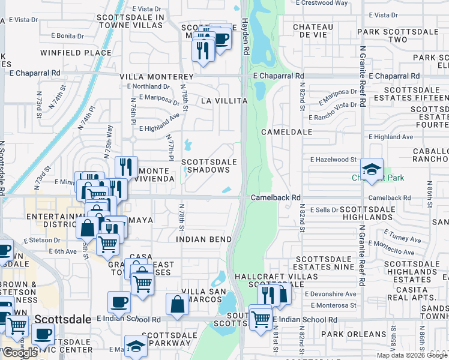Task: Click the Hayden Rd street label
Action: [x=245, y=37]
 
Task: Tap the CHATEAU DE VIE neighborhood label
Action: [x=313, y=31]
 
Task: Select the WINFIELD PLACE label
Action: [x=76, y=53]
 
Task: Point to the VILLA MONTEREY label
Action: [x=156, y=77]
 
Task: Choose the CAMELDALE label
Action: [x=286, y=131]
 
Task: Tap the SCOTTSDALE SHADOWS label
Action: [x=206, y=166]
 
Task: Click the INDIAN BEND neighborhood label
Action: [x=204, y=239]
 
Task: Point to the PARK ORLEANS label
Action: [x=353, y=334]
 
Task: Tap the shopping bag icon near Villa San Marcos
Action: [x=178, y=304]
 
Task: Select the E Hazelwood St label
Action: [x=334, y=160]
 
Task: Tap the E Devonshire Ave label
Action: [x=330, y=294]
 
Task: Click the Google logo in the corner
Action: [x=20, y=353]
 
